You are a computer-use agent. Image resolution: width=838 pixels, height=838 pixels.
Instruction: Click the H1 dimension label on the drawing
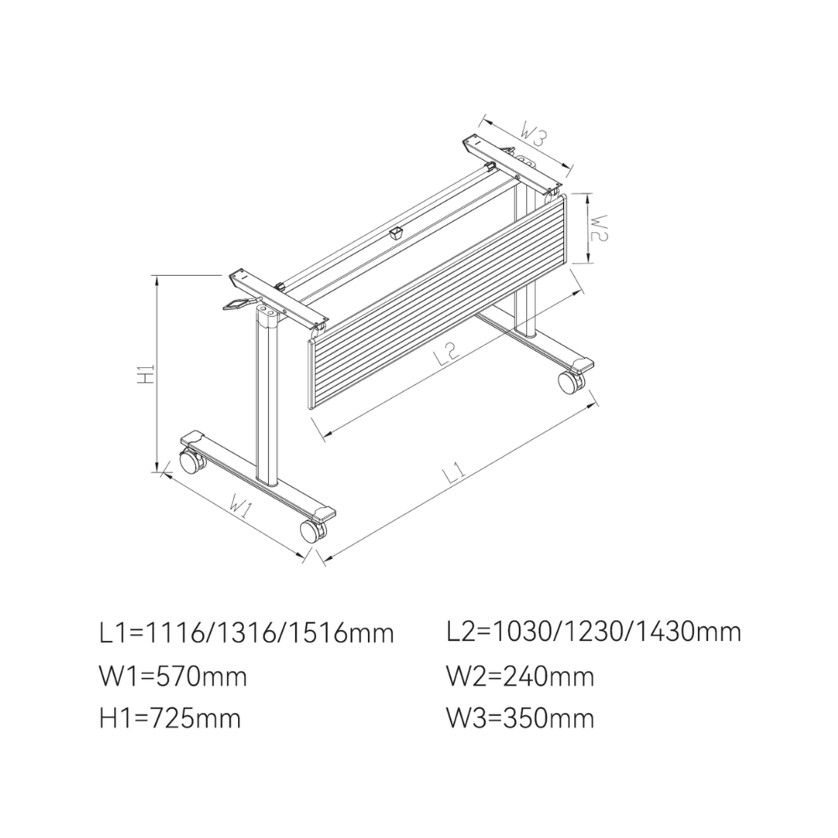click(146, 374)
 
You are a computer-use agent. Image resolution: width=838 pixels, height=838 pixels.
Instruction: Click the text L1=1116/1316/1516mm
click(247, 634)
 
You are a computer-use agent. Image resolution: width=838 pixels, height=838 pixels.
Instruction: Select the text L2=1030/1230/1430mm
click(594, 632)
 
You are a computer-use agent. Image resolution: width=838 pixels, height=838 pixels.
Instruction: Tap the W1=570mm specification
click(173, 676)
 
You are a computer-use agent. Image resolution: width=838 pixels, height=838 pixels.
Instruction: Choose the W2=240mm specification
click(520, 676)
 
